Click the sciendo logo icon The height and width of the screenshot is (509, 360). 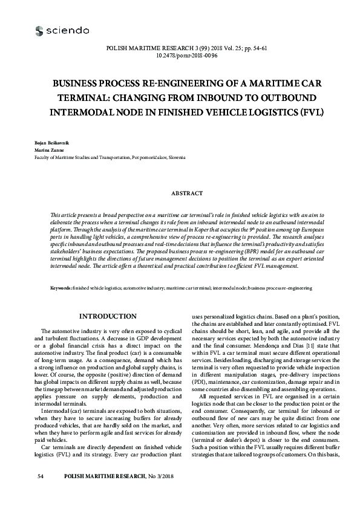click(40, 30)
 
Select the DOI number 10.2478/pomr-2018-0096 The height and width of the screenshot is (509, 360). click(180, 54)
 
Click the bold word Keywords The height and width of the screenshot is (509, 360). click(61, 290)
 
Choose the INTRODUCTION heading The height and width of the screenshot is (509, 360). click(108, 316)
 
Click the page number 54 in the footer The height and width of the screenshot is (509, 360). click(41, 494)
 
